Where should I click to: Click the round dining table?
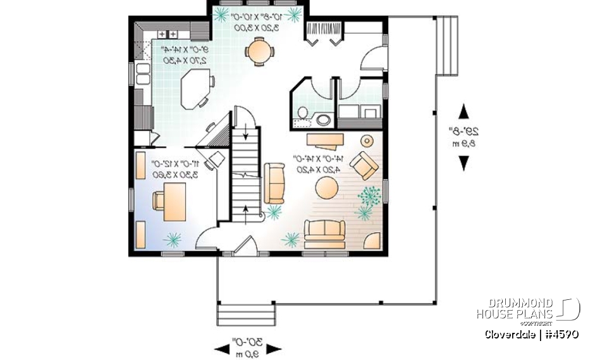click(x=258, y=51)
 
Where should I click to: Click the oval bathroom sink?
click(x=324, y=120)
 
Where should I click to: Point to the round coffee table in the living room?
click(x=327, y=188)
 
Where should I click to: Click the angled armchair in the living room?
click(x=364, y=164)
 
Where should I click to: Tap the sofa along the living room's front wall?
click(x=324, y=233)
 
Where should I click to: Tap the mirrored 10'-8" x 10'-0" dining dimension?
click(x=258, y=22)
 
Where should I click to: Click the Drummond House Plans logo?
click(x=527, y=309)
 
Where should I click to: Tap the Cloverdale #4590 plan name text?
click(x=532, y=333)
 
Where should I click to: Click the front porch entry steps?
click(x=246, y=314)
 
